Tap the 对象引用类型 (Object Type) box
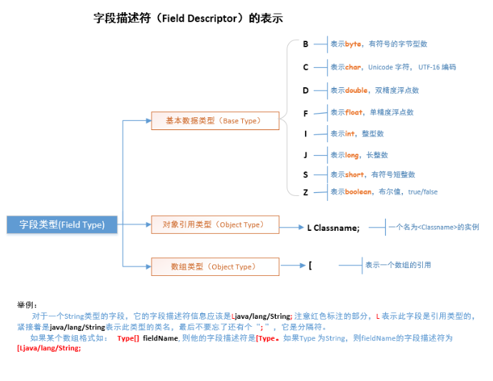coord(215,224)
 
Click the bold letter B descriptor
coord(306,44)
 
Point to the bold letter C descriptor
coord(306,67)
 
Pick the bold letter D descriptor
coord(306,90)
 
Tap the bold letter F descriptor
coord(306,113)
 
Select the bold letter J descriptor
coord(306,154)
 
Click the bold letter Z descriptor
coord(306,192)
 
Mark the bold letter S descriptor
coord(306,174)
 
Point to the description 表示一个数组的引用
coord(398,265)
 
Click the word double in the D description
coord(357,90)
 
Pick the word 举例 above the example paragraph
coord(26,305)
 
